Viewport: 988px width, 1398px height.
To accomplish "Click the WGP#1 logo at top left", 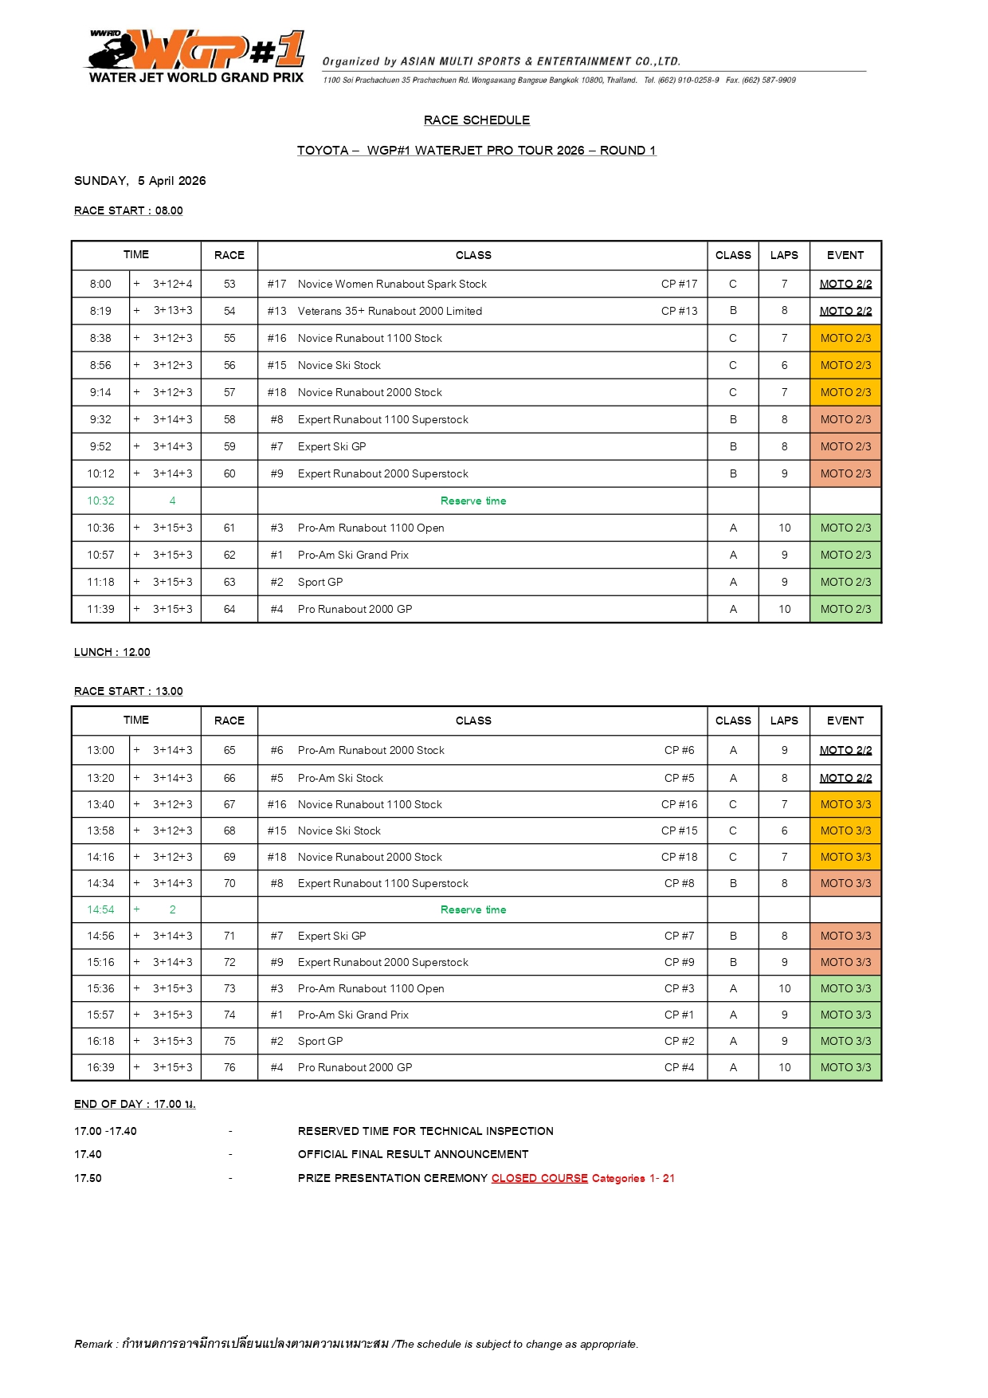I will (196, 56).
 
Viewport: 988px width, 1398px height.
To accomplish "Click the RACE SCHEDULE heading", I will (476, 120).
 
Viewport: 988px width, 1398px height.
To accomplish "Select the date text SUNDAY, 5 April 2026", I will (139, 181).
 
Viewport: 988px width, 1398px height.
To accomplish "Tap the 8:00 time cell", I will (100, 284).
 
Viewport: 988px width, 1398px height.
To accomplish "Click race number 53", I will (229, 284).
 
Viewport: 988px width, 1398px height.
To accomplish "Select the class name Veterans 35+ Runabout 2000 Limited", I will (390, 311).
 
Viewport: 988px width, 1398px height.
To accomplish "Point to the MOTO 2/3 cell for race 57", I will (845, 392).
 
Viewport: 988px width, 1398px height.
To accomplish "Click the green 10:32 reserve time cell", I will (100, 501).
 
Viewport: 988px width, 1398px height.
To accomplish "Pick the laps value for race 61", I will (784, 528).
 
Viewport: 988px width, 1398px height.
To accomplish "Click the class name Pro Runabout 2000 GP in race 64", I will (355, 609).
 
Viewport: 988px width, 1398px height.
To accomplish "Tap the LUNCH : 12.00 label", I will (112, 652).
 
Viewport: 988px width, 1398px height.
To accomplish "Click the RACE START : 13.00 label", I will (128, 691).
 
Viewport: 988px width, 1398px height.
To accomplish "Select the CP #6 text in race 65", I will (679, 750).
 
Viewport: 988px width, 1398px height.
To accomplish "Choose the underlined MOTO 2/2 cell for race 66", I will (845, 778).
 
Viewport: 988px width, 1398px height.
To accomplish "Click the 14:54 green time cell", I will (100, 909).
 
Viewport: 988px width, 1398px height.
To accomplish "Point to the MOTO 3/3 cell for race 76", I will (845, 1067).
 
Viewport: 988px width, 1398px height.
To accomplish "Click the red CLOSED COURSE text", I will (539, 1178).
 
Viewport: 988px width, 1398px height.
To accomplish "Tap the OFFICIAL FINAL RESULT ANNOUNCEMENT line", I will (413, 1154).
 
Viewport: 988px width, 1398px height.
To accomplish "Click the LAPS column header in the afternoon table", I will (784, 721).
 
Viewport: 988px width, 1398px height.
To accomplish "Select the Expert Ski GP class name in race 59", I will (331, 446).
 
